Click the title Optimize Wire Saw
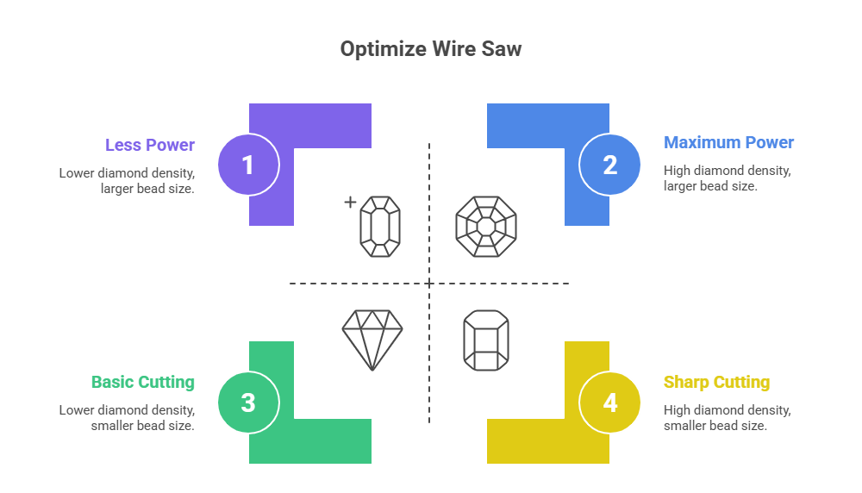coord(430,49)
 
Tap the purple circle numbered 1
coord(248,164)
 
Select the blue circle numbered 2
coord(609,164)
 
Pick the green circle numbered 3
coord(248,403)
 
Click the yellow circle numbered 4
coord(609,403)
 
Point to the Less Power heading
coord(150,144)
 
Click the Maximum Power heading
coord(728,142)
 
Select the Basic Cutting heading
coord(143,382)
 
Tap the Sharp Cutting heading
coord(716,382)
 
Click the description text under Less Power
coord(127,180)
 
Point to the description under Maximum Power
coord(727,178)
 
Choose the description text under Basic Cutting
coord(127,417)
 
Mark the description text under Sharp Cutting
coord(727,417)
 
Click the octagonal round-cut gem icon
coord(485,226)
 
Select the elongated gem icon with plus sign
coord(380,226)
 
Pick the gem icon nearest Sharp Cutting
coord(485,340)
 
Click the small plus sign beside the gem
coord(350,203)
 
